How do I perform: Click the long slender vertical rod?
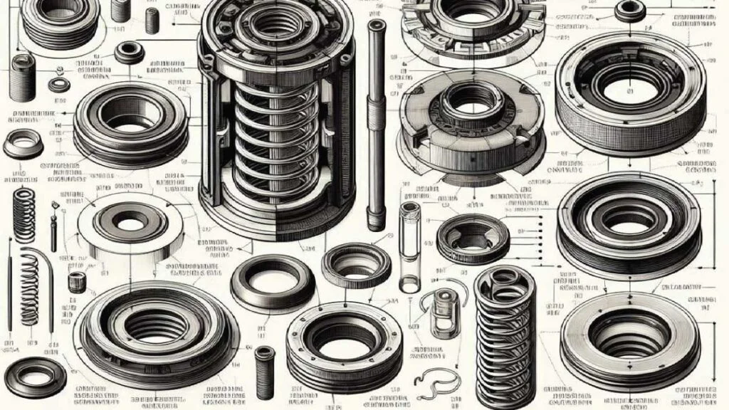(x=373, y=121)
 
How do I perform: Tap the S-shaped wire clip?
(x=431, y=385)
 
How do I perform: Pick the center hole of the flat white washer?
(x=128, y=224)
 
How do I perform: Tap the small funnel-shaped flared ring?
(x=23, y=144)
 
